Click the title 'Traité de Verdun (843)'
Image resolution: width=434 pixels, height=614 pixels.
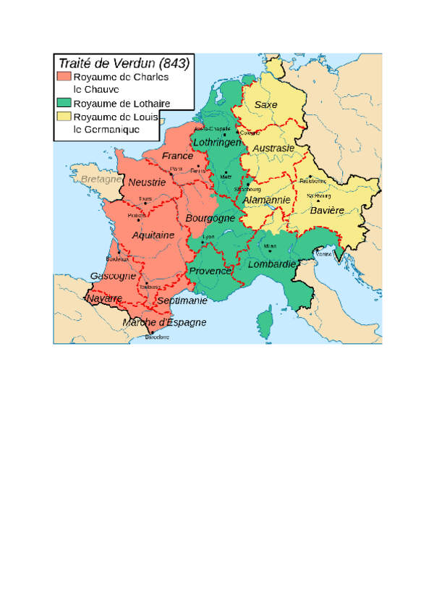pos(123,63)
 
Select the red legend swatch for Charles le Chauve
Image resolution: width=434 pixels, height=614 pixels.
pos(65,77)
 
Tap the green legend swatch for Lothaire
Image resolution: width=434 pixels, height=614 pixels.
pos(65,104)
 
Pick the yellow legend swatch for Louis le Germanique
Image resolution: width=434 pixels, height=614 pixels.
pos(65,117)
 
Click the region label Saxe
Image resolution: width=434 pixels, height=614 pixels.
pos(265,105)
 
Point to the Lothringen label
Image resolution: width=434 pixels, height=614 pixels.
pos(217,143)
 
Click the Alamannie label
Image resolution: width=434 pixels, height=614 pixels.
pos(266,200)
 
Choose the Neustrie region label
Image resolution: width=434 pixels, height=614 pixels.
pos(147,182)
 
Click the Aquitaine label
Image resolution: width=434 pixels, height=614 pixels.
pos(153,235)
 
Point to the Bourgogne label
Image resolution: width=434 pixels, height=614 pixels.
pos(210,218)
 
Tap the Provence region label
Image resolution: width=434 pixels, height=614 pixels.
pos(210,271)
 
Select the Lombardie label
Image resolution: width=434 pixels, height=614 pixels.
pos(272,265)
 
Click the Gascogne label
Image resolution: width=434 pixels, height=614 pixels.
pos(113,276)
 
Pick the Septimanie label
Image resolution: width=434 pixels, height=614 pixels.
pos(182,300)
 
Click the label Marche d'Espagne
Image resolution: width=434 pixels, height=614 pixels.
pos(164,322)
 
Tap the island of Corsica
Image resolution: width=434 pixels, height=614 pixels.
pos(265,319)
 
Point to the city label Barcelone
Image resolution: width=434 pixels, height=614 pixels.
pos(157,337)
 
